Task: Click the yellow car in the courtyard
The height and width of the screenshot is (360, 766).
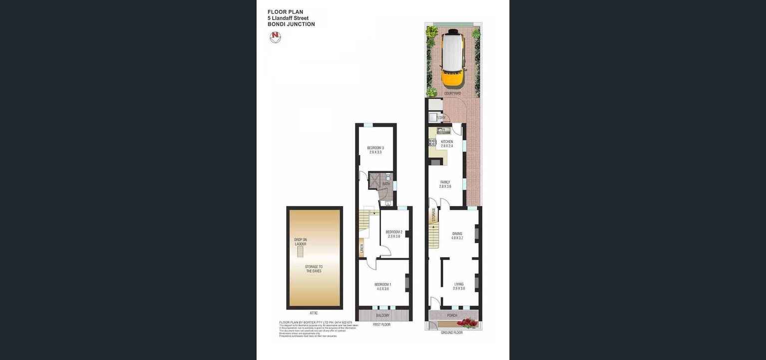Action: pos(452,59)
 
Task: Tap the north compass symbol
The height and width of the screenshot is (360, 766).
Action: pos(275,37)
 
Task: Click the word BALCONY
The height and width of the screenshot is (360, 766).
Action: pos(383,316)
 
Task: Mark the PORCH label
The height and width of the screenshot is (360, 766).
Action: pos(451,316)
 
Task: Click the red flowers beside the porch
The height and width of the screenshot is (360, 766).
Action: pos(467,323)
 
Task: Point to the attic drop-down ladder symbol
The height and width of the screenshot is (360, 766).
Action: pos(300,252)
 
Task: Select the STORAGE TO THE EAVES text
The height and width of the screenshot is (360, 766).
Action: pos(314,269)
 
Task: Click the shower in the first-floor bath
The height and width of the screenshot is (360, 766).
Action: pos(374,180)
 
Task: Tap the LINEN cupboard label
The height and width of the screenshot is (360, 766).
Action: pos(361,247)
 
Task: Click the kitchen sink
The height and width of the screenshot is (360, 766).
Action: pos(442,131)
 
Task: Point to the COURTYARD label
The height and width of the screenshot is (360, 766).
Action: pos(452,93)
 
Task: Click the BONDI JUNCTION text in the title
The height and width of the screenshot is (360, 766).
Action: pos(291,24)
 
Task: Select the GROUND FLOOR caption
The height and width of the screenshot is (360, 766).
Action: pos(451,333)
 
